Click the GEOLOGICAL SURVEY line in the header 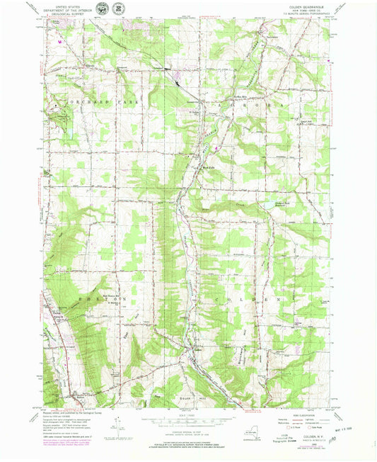coord(71,14)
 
